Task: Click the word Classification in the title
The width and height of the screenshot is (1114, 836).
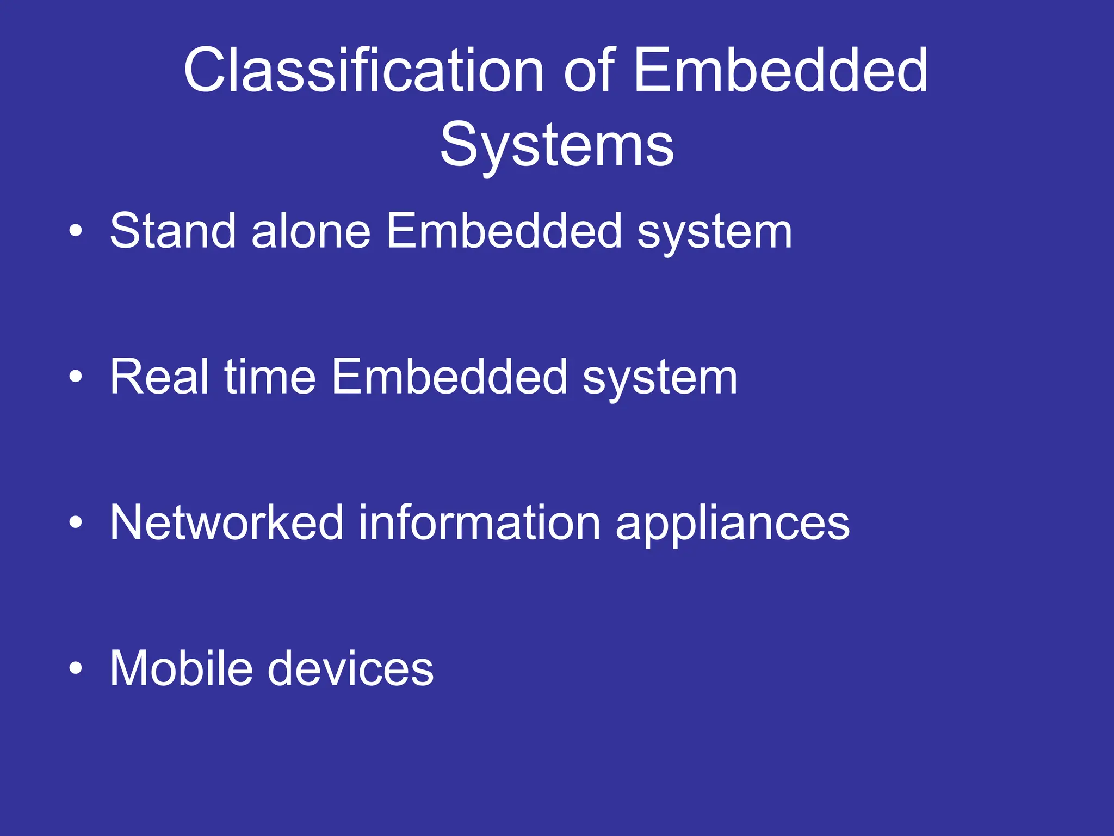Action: [x=363, y=71]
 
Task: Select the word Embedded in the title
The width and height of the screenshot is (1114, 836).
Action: [x=781, y=71]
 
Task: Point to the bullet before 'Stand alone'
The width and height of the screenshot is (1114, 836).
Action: [x=76, y=231]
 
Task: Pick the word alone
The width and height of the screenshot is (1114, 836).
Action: [x=311, y=231]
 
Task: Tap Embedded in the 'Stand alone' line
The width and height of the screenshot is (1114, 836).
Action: [x=504, y=231]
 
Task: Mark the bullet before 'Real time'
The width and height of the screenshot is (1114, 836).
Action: [x=76, y=377]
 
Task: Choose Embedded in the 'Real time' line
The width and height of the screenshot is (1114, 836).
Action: [x=450, y=377]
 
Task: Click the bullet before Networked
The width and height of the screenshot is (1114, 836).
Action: [x=76, y=522]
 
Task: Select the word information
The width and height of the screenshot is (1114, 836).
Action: [x=479, y=522]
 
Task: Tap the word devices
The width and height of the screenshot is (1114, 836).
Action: [x=351, y=668]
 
